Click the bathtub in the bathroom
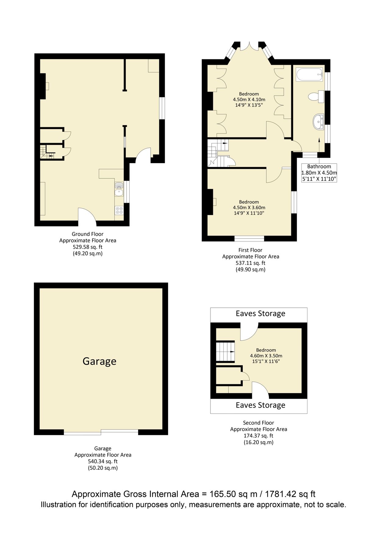click(309, 75)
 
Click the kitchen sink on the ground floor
click(119, 192)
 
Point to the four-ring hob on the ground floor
click(119, 210)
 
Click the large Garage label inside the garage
click(99, 361)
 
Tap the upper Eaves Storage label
click(260, 314)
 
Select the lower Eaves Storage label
click(260, 405)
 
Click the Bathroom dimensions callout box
click(319, 173)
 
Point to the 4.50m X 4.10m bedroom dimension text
click(249, 100)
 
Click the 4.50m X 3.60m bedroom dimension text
click(249, 208)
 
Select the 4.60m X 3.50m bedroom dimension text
click(266, 356)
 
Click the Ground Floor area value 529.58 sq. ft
click(88, 247)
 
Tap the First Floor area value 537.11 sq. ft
click(250, 263)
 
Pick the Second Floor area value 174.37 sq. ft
click(258, 436)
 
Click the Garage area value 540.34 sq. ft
click(103, 462)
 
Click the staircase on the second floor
click(225, 352)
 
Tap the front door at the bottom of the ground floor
click(87, 217)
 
